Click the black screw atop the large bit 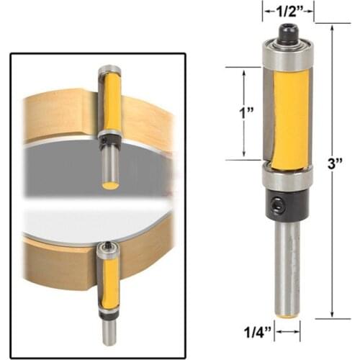click(288, 32)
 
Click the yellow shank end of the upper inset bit click(110, 185)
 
